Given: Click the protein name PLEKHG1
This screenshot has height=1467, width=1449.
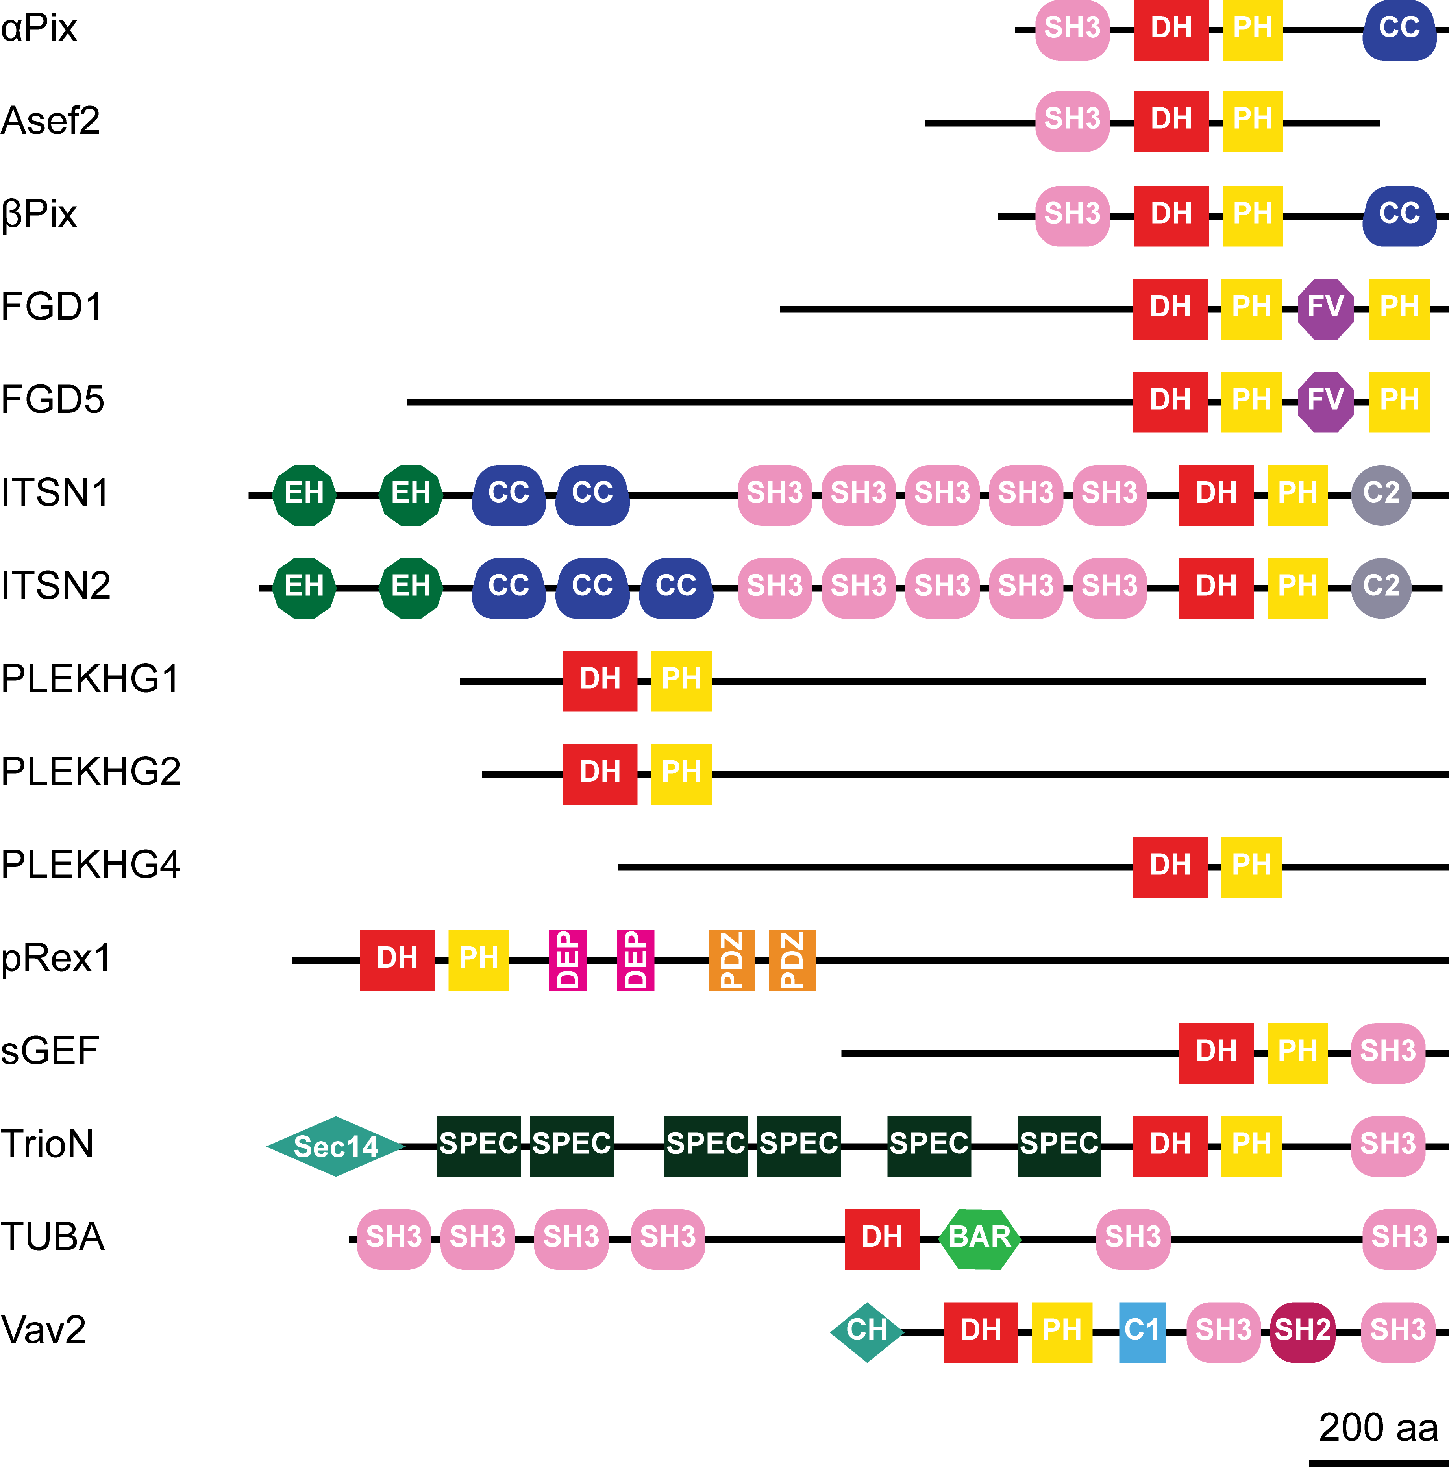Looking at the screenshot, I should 90,679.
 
